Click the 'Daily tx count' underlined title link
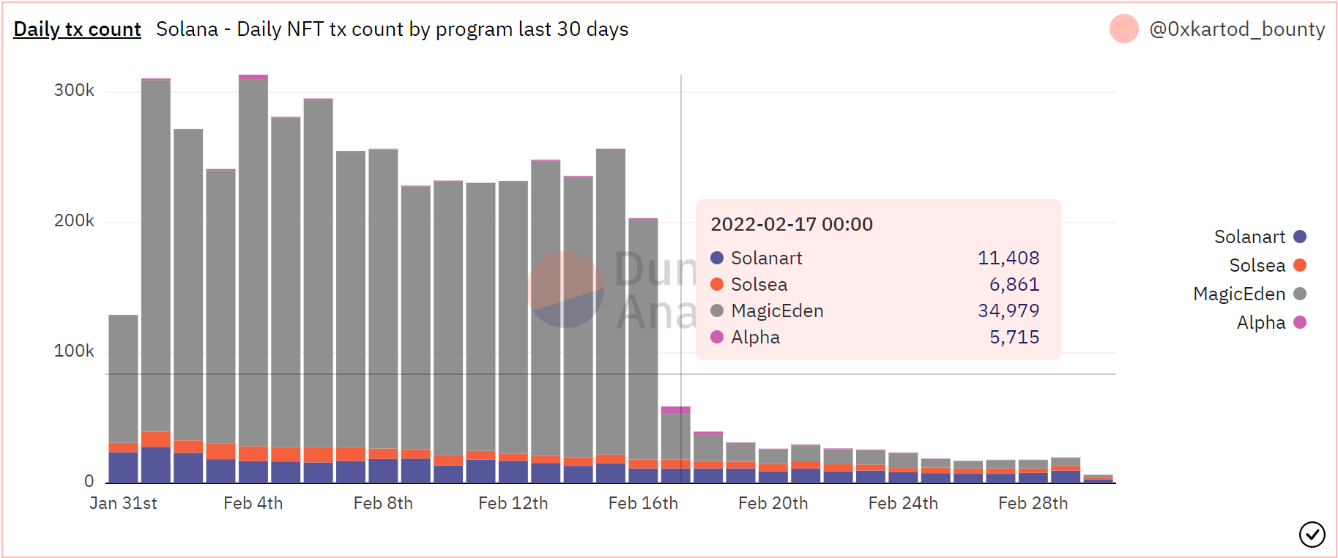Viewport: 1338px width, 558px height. (77, 29)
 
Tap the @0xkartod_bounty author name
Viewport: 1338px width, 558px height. (1237, 29)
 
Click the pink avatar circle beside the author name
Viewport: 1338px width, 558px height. (1123, 29)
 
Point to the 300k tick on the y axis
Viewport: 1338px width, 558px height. (74, 90)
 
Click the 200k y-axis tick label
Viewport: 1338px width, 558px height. (74, 220)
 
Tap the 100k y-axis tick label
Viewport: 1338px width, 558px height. (74, 351)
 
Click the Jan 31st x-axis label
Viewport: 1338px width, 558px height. (123, 503)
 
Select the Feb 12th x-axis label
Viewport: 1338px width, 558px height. (513, 503)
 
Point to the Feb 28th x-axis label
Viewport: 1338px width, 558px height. (1033, 503)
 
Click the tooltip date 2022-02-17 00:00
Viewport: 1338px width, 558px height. (792, 224)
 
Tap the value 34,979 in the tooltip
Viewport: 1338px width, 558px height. (1008, 310)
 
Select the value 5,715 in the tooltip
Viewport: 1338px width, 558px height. (1014, 337)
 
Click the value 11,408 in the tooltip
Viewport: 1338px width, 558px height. (1008, 258)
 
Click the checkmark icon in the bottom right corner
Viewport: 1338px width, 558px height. (1312, 535)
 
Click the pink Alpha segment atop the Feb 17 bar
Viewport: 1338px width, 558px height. (675, 410)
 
